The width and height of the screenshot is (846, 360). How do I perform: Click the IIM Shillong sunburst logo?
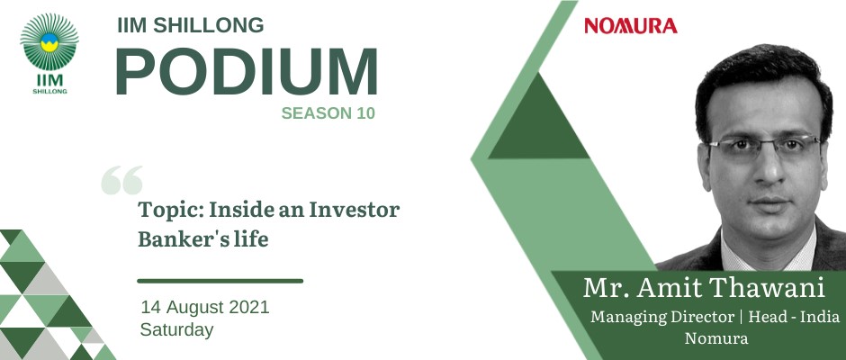click(49, 53)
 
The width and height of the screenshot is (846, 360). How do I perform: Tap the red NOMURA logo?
click(631, 26)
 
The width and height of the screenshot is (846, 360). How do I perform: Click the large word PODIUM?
click(246, 72)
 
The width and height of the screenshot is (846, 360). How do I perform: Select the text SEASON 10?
click(328, 113)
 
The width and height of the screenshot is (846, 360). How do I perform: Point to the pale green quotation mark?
click(121, 180)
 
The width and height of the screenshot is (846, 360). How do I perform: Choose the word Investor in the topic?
click(354, 210)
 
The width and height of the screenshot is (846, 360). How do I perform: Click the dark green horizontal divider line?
click(220, 281)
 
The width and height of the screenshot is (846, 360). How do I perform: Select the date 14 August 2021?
click(205, 307)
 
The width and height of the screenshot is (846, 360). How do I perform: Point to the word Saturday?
click(177, 329)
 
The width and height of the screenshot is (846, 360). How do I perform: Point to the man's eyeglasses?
click(764, 147)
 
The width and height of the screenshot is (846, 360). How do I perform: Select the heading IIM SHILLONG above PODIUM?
click(191, 25)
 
